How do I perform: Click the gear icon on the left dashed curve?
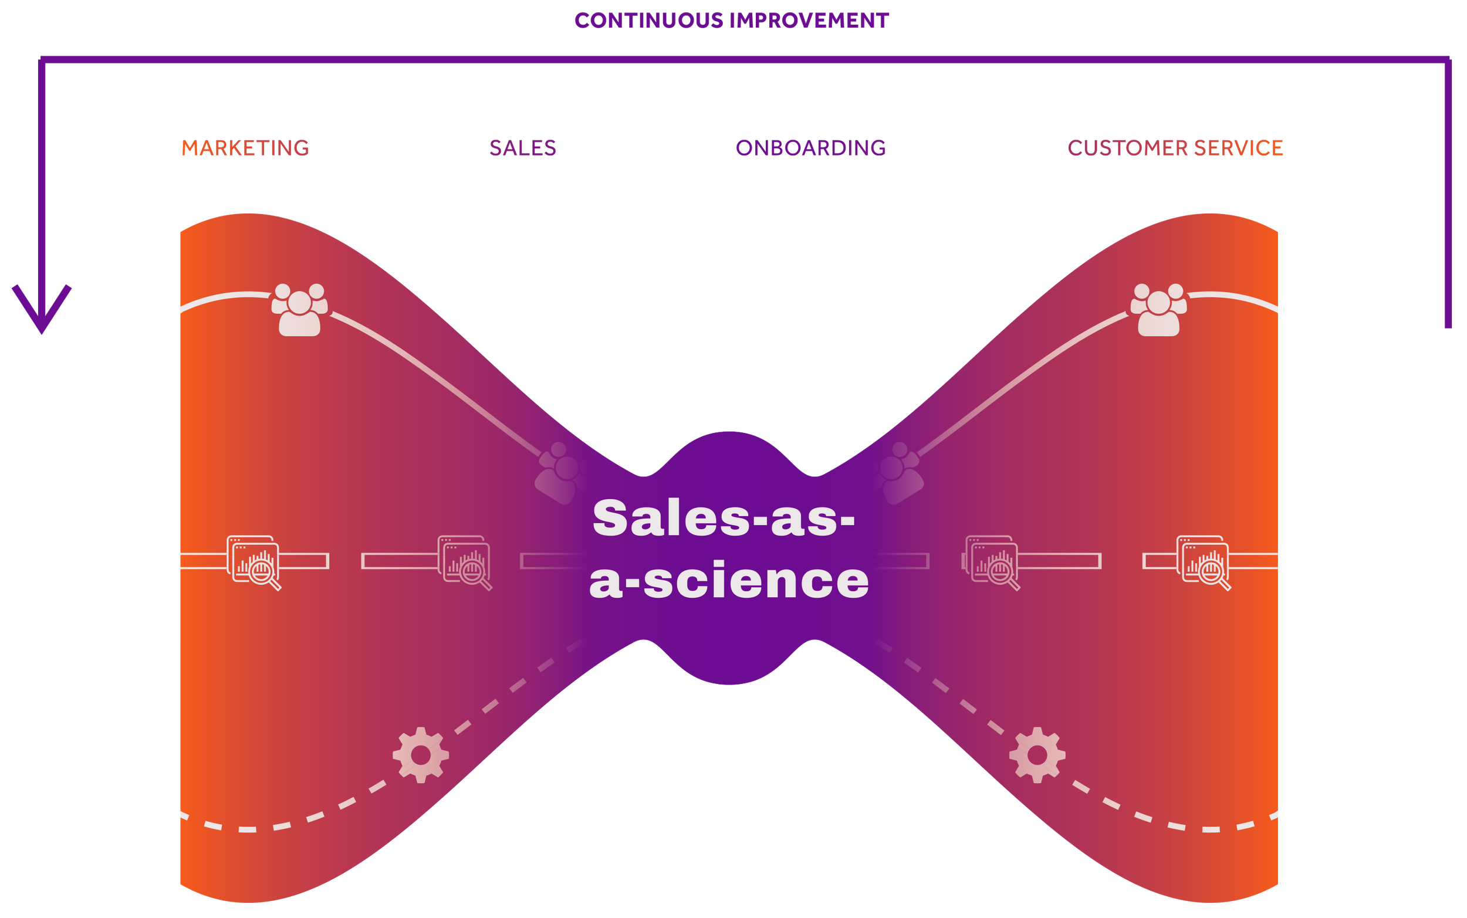pos(421,756)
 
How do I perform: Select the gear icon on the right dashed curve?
pos(1037,756)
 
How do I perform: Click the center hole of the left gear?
pos(421,756)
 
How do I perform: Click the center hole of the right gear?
pos(1037,756)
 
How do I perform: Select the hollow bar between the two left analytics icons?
pos(400,561)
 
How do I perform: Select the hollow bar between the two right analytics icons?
pos(1060,561)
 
